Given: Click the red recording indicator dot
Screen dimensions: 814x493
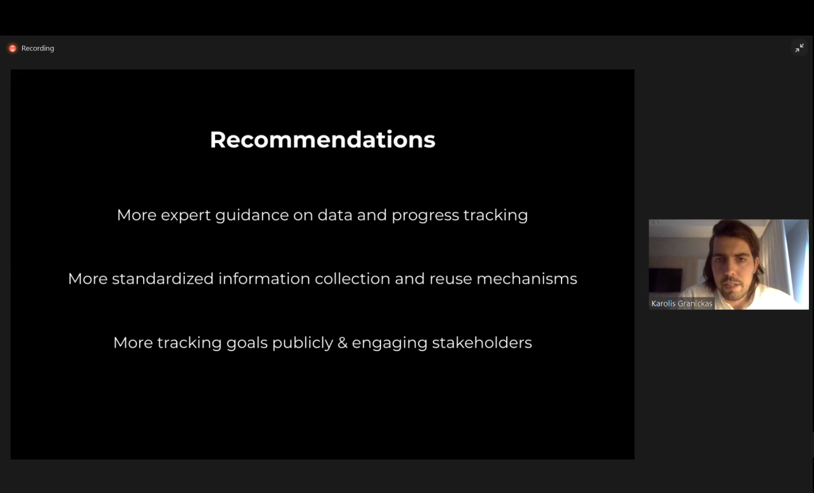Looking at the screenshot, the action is (x=13, y=48).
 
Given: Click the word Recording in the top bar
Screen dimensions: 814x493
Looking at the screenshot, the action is (x=38, y=48).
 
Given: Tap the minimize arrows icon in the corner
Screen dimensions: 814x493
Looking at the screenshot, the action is (x=799, y=48).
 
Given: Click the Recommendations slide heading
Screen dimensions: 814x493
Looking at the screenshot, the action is (x=322, y=139).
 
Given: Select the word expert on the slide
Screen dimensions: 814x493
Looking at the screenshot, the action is (x=186, y=215).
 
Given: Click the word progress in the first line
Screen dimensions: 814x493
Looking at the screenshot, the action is (x=425, y=216).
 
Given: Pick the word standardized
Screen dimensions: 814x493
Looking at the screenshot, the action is (x=163, y=279).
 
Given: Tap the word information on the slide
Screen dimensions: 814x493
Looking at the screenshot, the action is (x=264, y=279).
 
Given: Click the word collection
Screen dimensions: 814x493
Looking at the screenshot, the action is (x=352, y=279).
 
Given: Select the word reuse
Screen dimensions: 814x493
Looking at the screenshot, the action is (x=451, y=279).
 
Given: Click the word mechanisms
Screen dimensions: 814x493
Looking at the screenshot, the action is (x=527, y=279).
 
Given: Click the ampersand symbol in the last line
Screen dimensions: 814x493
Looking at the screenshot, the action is (x=342, y=343).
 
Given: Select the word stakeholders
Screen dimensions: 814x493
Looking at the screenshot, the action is (x=482, y=342).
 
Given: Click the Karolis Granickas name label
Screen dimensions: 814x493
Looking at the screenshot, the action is (x=682, y=303).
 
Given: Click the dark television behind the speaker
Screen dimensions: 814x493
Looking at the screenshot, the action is (x=666, y=280).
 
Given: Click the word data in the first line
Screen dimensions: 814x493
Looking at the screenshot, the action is (x=335, y=215).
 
